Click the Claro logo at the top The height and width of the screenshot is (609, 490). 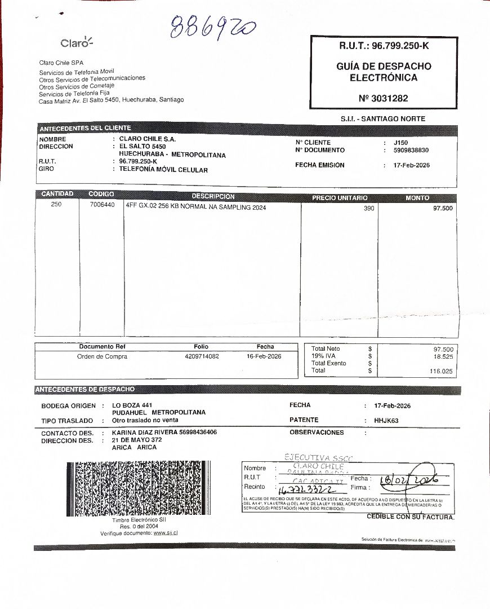(77, 43)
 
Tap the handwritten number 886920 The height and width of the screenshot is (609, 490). (213, 27)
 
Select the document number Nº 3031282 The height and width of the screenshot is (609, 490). (383, 98)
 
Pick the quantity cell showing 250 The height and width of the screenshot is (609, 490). (56, 205)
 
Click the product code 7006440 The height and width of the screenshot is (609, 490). (102, 205)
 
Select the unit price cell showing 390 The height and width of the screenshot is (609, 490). (369, 209)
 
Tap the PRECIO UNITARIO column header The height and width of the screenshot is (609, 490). (340, 198)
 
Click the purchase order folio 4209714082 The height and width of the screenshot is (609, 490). (202, 356)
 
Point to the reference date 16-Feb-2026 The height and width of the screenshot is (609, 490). (264, 356)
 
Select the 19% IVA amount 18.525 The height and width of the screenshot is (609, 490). (443, 357)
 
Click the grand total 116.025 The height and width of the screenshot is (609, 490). (441, 371)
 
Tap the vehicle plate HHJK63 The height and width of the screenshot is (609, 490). (386, 420)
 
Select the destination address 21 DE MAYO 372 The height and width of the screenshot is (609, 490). (137, 440)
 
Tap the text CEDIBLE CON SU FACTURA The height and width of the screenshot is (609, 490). (410, 517)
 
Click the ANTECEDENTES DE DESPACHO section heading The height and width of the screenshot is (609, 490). (85, 390)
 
